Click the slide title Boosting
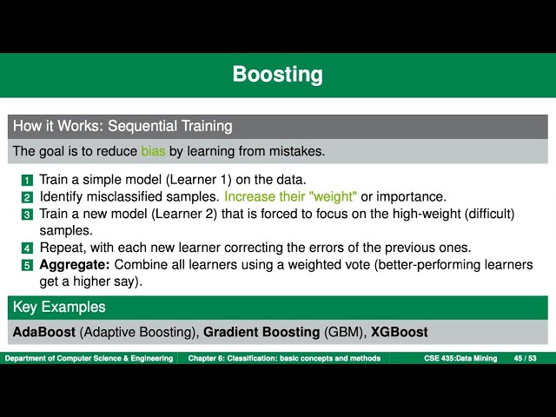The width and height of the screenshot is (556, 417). click(277, 75)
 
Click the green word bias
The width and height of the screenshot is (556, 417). click(153, 151)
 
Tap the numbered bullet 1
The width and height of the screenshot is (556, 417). click(27, 181)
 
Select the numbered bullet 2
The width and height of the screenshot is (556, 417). click(27, 197)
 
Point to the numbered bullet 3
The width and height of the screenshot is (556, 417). click(27, 214)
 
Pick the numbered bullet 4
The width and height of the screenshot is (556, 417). click(27, 248)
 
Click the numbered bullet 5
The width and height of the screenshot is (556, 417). click(27, 264)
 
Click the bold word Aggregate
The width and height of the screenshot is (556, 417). click(74, 263)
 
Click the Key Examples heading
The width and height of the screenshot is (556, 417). click(59, 307)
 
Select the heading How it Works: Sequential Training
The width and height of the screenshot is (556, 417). click(122, 126)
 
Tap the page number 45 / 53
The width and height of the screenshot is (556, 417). click(525, 358)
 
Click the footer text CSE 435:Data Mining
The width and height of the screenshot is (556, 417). click(460, 358)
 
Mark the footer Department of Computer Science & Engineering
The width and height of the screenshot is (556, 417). click(89, 358)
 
